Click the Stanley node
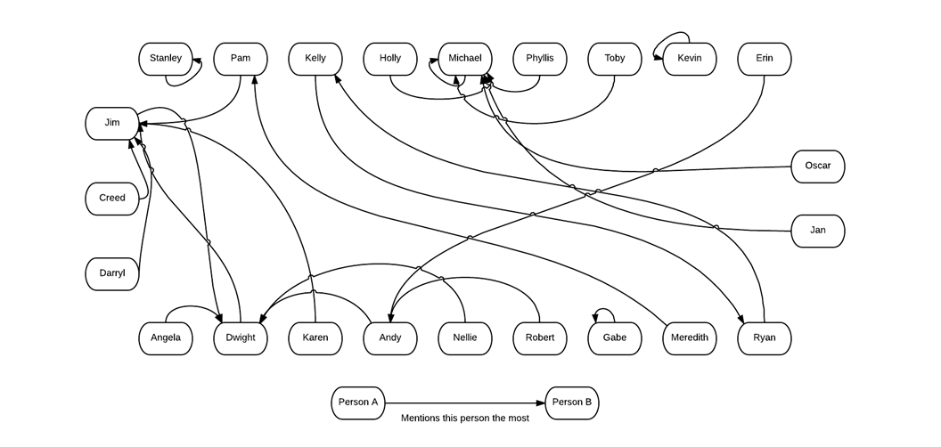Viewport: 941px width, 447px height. pyautogui.click(x=166, y=59)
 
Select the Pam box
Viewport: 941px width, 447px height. pyautogui.click(x=241, y=59)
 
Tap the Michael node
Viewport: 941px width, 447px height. pyautogui.click(x=465, y=59)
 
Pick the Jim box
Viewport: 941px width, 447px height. pyautogui.click(x=112, y=123)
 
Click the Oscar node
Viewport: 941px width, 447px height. pyautogui.click(x=817, y=166)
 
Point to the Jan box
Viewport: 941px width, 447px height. pyautogui.click(x=817, y=231)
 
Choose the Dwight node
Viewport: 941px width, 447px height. pyautogui.click(x=241, y=338)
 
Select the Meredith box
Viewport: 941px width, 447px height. pyautogui.click(x=690, y=338)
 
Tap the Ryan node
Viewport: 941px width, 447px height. pyautogui.click(x=765, y=338)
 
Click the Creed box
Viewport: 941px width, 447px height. pyautogui.click(x=112, y=199)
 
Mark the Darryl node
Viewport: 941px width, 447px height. pyautogui.click(x=112, y=273)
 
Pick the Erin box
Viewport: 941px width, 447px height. pyautogui.click(x=765, y=59)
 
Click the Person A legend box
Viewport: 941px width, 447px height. pyautogui.click(x=357, y=402)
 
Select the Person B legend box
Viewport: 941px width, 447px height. pyautogui.click(x=571, y=402)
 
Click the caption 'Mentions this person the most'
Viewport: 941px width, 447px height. pyautogui.click(x=464, y=419)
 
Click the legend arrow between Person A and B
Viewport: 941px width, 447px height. pyautogui.click(x=464, y=402)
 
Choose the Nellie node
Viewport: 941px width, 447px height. pyautogui.click(x=465, y=338)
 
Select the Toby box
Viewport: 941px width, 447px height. pyautogui.click(x=615, y=59)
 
